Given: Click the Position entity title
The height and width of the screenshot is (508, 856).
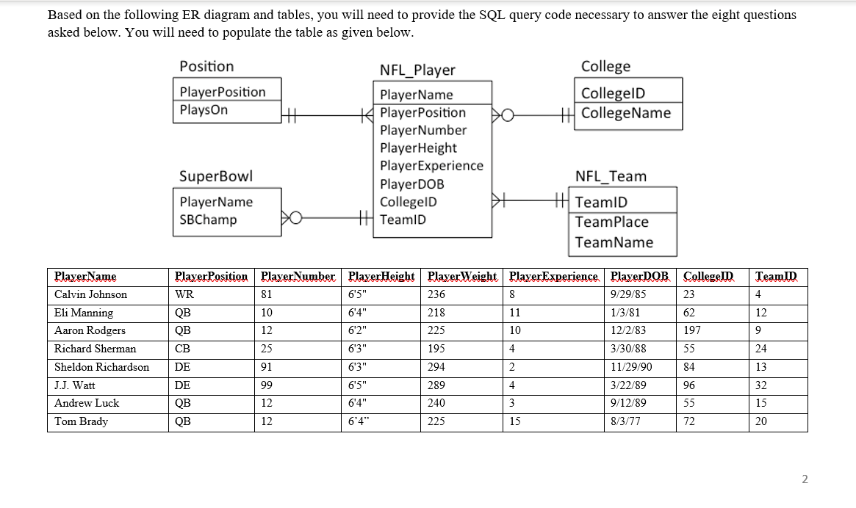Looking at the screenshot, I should pyautogui.click(x=206, y=66).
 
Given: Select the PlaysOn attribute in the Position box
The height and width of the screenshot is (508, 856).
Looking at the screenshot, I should pyautogui.click(x=204, y=110).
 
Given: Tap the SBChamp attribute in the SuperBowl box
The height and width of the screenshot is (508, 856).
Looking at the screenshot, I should pyautogui.click(x=208, y=219).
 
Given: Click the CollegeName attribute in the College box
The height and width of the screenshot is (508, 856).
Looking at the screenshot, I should pyautogui.click(x=625, y=113).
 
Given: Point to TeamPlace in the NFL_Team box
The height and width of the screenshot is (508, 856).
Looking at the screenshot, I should pyautogui.click(x=611, y=222).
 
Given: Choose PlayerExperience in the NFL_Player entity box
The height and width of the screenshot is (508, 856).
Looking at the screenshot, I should pyautogui.click(x=431, y=166).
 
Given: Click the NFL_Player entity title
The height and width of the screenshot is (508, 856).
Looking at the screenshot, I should pyautogui.click(x=417, y=70).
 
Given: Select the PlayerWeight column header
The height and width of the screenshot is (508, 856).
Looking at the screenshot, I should pyautogui.click(x=462, y=277).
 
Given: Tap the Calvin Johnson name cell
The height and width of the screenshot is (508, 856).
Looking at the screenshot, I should pyautogui.click(x=90, y=294).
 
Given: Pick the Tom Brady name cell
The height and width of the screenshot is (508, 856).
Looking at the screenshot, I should pyautogui.click(x=81, y=421).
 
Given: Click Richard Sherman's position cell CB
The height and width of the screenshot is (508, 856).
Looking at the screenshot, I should pyautogui.click(x=182, y=349).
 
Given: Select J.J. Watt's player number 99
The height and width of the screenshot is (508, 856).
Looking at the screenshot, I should pyautogui.click(x=267, y=385).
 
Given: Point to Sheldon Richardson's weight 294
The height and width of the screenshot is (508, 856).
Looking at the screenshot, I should pyautogui.click(x=436, y=367).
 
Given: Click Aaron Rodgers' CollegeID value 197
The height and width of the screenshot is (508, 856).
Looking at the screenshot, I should pyautogui.click(x=692, y=330).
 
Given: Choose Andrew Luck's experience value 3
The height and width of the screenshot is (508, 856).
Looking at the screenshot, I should pyautogui.click(x=511, y=403).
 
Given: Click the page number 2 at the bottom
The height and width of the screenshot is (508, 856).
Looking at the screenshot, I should pyautogui.click(x=804, y=479).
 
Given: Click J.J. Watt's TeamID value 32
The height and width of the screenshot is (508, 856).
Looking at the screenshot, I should pyautogui.click(x=761, y=385).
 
